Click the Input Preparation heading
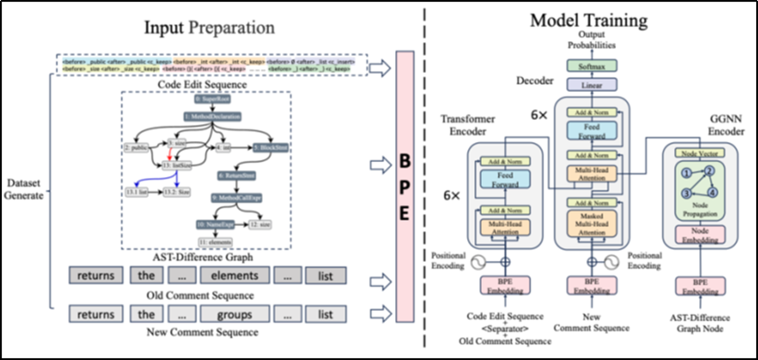(209, 26)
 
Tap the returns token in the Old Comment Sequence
(96, 277)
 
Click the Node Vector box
(698, 153)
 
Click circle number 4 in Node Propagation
(713, 191)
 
